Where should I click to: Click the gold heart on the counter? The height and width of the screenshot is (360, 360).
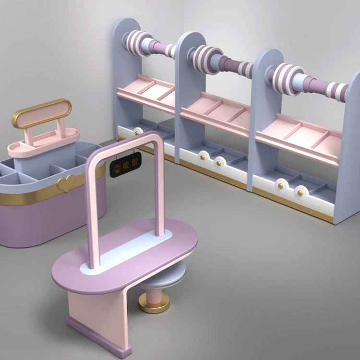[66, 183]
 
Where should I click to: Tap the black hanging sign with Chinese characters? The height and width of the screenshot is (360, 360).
[125, 165]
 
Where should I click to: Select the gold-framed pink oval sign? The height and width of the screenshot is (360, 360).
[42, 113]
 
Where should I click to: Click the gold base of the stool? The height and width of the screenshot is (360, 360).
[154, 303]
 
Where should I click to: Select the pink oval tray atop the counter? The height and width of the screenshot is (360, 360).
[44, 143]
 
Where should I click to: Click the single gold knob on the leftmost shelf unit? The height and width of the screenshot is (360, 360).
[137, 132]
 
